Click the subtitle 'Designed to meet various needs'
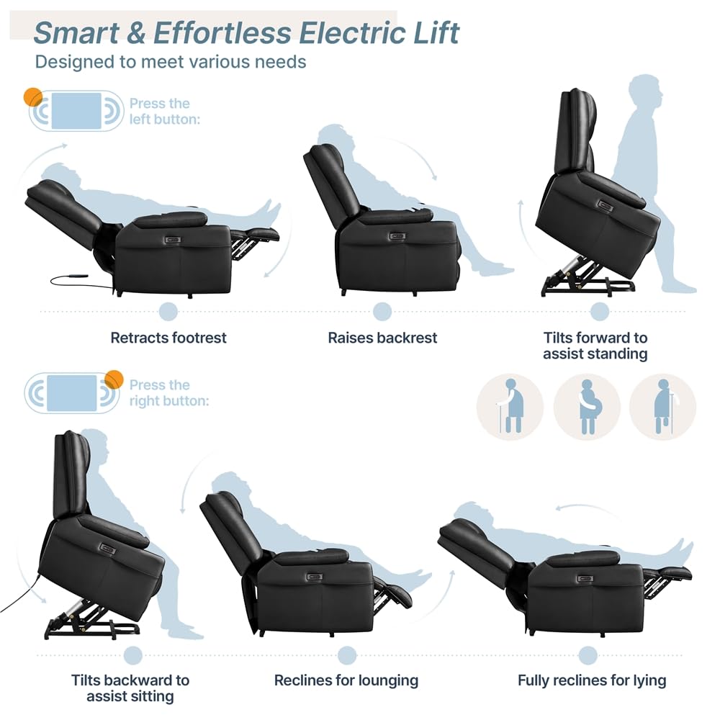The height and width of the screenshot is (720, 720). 171,61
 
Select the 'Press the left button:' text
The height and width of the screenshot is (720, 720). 164,111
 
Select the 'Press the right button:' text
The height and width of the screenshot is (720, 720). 168,392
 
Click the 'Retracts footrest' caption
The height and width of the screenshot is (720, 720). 168,338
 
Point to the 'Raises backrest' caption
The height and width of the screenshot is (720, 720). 382,338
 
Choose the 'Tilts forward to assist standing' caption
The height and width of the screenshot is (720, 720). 595,346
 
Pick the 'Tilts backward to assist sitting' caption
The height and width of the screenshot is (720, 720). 130,688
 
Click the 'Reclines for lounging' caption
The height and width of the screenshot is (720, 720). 346,680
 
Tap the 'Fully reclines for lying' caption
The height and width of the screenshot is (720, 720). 592,680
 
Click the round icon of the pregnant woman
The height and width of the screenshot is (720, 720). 587,407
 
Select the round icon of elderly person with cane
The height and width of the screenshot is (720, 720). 510,407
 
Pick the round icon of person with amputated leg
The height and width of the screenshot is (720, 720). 662,407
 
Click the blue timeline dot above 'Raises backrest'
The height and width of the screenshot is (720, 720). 382,312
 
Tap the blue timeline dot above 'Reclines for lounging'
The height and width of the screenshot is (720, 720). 347,655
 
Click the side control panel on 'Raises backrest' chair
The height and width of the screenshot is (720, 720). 395,235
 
